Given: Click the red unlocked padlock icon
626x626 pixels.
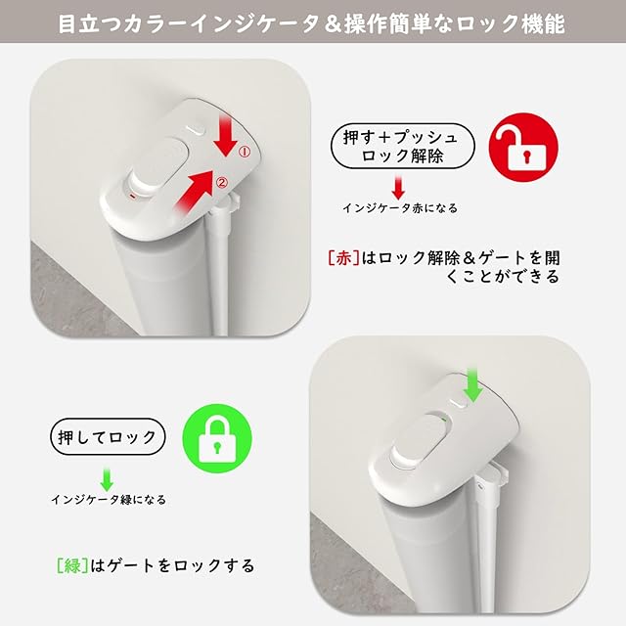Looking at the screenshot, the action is click(x=523, y=148).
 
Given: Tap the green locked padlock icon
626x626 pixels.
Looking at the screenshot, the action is click(x=217, y=438).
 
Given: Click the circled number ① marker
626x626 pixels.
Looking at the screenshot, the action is click(x=245, y=152).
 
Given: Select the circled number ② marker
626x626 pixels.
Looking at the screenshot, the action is click(x=222, y=183).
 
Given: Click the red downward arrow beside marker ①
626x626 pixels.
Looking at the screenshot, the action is click(x=226, y=134).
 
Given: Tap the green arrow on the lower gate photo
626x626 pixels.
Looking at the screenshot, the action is click(x=473, y=383).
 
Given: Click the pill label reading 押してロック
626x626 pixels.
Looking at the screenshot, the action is click(x=108, y=437).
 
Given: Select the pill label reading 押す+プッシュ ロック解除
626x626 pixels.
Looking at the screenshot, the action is click(x=402, y=146).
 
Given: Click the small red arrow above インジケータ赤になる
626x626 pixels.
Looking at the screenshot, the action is click(x=398, y=187).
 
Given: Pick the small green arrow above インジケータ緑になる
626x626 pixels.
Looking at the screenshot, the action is click(x=107, y=478).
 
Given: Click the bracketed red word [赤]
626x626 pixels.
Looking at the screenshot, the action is click(x=343, y=258).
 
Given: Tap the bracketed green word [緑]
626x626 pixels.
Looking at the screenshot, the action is click(x=72, y=565).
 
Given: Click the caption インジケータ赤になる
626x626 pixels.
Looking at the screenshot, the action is click(x=400, y=208).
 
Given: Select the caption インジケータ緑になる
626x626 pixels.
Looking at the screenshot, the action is click(x=109, y=500).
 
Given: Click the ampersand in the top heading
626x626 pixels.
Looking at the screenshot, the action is click(x=331, y=24).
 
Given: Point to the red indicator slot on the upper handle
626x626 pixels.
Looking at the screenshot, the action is click(x=133, y=196).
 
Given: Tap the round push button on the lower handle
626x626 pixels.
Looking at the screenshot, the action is click(x=404, y=455).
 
